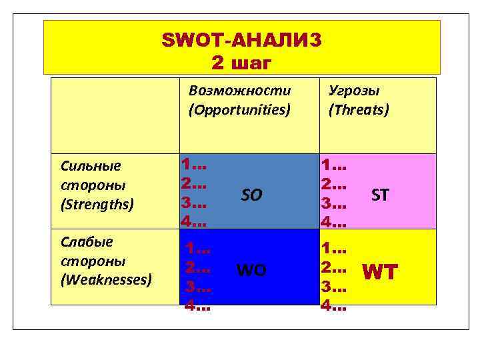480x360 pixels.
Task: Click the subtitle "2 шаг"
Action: click(241, 63)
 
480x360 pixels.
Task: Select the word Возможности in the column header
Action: click(239, 91)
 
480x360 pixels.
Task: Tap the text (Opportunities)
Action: click(239, 109)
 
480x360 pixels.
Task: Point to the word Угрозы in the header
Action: click(354, 91)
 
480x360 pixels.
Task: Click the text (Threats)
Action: click(359, 109)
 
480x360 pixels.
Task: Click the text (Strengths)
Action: click(97, 203)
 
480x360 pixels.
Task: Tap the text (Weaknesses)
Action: click(106, 279)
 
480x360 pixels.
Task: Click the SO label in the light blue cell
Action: click(251, 195)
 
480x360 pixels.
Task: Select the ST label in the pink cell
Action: click(380, 195)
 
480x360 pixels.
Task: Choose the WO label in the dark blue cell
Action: click(251, 270)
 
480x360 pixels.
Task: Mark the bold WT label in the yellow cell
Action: click(379, 271)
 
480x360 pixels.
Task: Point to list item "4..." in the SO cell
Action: click(194, 219)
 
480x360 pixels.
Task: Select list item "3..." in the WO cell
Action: click(199, 289)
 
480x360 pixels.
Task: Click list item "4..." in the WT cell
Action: click(333, 307)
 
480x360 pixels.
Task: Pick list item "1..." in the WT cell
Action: click(333, 249)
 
